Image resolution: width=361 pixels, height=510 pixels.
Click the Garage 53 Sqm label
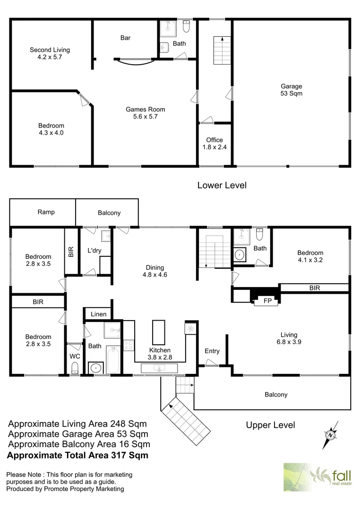[x=291, y=90]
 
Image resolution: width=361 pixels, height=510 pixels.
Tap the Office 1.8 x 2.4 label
[x=214, y=144]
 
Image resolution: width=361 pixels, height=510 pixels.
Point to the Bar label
[x=125, y=38]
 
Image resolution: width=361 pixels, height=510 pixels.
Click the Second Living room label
[x=50, y=53]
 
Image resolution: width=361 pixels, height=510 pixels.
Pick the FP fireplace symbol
[x=267, y=301]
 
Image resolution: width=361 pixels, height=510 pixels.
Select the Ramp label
[x=46, y=212]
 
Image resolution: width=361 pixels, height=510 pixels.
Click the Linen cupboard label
[x=98, y=314]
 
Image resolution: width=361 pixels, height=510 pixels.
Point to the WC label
[x=75, y=356]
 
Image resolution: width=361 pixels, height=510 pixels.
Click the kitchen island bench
[x=158, y=332]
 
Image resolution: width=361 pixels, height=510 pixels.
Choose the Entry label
[x=212, y=351]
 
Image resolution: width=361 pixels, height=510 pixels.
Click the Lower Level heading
[x=222, y=186]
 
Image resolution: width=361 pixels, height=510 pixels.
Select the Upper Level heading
[x=270, y=425]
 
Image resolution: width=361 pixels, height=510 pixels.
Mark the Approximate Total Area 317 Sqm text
[x=78, y=455]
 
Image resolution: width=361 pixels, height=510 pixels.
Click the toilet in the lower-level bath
[x=186, y=28]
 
